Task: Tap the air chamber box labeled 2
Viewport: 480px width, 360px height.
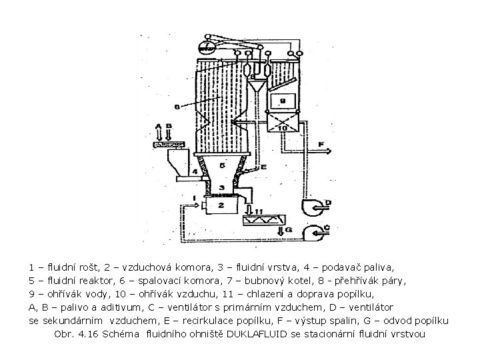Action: point(221,205)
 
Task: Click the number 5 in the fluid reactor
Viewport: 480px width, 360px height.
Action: point(221,164)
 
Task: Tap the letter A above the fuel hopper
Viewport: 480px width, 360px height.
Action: point(158,126)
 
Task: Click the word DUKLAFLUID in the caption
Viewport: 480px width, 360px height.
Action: point(259,333)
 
